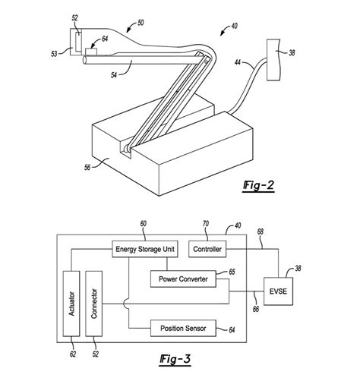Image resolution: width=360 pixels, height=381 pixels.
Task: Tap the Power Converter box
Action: [182, 279]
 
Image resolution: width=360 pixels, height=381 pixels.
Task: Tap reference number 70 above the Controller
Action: [205, 225]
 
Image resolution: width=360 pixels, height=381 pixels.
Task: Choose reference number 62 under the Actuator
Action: [73, 352]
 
